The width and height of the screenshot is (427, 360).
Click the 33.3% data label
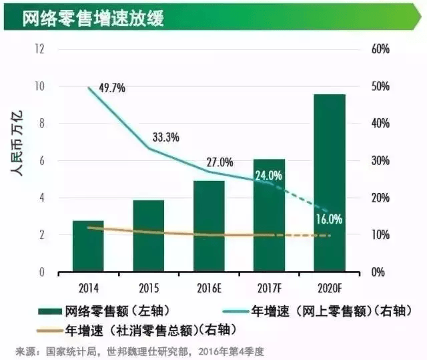point(166,138)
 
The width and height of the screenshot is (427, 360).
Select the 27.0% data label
point(220,162)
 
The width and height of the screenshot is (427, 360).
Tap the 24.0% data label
point(269,176)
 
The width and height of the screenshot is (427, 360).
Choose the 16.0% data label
point(329,218)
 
